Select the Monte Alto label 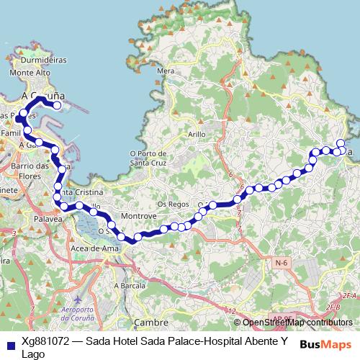click(x=30, y=73)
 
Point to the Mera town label click(x=166, y=71)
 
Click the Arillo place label click(x=197, y=134)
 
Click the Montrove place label click(x=139, y=216)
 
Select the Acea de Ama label click(x=94, y=248)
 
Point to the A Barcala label click(x=130, y=285)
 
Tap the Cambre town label click(x=151, y=323)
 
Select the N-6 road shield click(x=282, y=264)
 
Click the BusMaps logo click(x=326, y=344)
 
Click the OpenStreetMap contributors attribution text click(x=297, y=323)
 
